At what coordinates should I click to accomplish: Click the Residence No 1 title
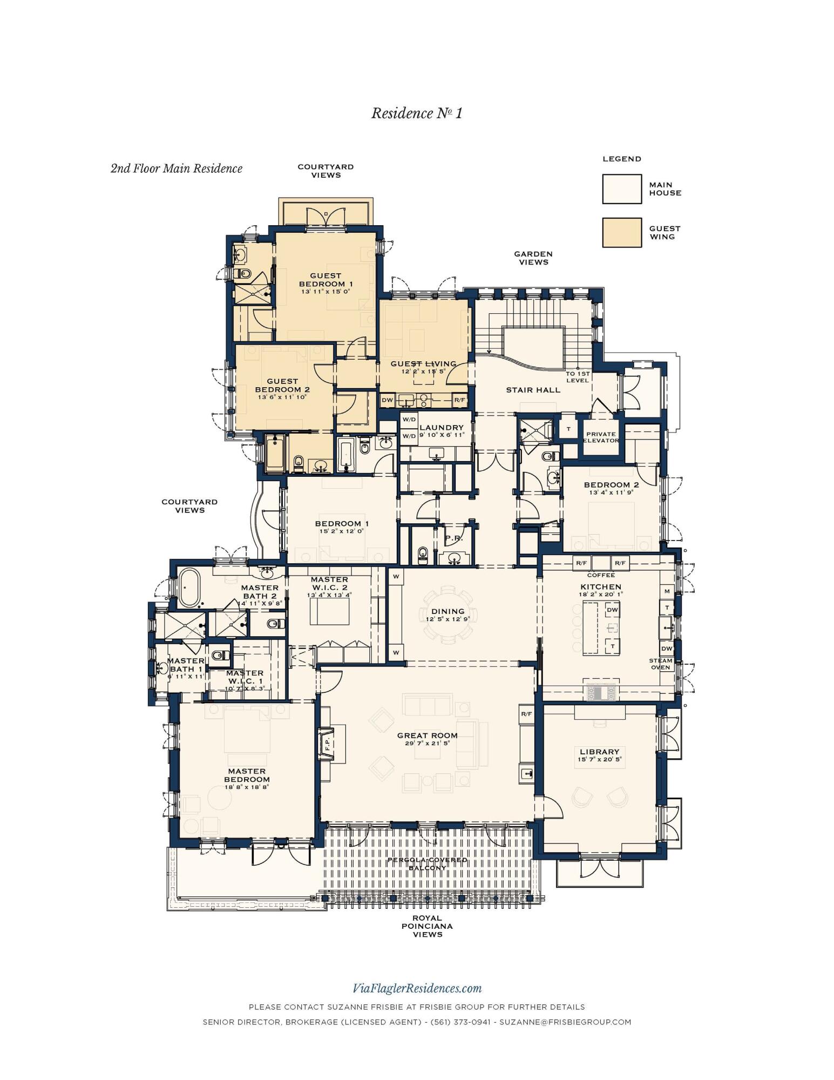(416, 113)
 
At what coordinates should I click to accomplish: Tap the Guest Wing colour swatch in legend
(622, 232)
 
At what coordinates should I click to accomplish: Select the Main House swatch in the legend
(622, 188)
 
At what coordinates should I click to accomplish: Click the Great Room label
(427, 735)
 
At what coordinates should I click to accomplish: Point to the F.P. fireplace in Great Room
(327, 743)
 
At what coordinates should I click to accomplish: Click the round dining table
(448, 615)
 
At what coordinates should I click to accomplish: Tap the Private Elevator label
(600, 437)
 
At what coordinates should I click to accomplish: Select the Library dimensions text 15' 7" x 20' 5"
(599, 759)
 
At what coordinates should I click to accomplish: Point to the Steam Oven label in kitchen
(660, 664)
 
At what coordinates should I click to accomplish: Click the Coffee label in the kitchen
(600, 575)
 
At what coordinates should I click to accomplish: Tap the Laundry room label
(441, 427)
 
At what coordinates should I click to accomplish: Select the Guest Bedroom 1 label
(326, 280)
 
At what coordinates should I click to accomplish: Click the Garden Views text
(533, 258)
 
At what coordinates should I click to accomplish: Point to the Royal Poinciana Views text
(427, 926)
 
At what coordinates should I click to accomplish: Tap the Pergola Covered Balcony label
(427, 863)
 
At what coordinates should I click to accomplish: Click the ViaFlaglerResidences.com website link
(417, 988)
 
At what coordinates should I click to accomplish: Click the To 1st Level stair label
(577, 377)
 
